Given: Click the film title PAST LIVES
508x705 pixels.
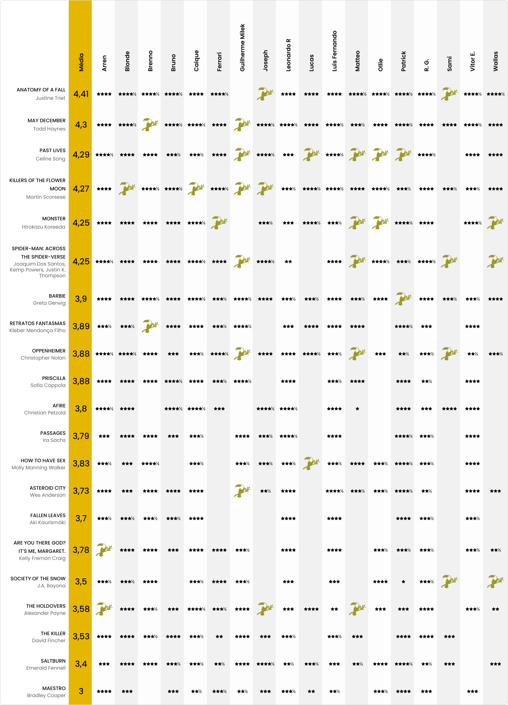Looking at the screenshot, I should (53, 150).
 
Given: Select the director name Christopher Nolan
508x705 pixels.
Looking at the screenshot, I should (43, 358).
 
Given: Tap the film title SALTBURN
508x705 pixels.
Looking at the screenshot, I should (53, 661).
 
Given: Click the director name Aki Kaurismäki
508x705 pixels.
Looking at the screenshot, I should (48, 522).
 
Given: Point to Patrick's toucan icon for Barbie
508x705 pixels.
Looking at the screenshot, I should (403, 299).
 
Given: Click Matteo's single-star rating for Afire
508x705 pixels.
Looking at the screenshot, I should (357, 409).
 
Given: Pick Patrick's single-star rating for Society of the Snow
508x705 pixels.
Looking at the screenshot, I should (403, 582).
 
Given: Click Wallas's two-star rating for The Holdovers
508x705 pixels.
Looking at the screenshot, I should (495, 609).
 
